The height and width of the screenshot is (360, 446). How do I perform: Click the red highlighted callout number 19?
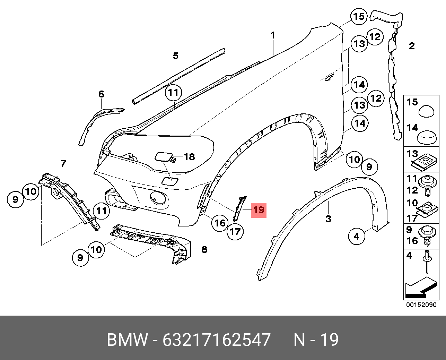point(259,210)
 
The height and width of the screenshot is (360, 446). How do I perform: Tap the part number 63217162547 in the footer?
point(217,340)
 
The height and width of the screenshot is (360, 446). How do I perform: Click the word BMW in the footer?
point(127,340)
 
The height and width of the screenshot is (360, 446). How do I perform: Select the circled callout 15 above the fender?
point(359,16)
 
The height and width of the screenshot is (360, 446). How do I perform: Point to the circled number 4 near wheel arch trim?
point(357,236)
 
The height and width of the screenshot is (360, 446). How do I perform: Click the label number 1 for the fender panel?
point(273,35)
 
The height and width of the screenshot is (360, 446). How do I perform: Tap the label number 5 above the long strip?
point(175,56)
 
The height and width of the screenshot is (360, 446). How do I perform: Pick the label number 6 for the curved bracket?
point(101,94)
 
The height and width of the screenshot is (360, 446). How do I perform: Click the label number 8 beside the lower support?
point(204,249)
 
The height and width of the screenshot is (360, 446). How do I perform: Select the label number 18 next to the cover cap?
point(189,157)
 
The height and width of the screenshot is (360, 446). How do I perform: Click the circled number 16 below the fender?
point(220,223)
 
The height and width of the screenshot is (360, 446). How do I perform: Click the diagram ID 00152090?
point(421,305)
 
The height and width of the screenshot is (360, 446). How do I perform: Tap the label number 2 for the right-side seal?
point(412,46)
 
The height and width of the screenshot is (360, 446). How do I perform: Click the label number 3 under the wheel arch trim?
point(328,219)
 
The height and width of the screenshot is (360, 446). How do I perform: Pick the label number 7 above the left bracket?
point(63,163)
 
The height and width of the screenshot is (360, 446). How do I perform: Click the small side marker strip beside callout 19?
point(239,208)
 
